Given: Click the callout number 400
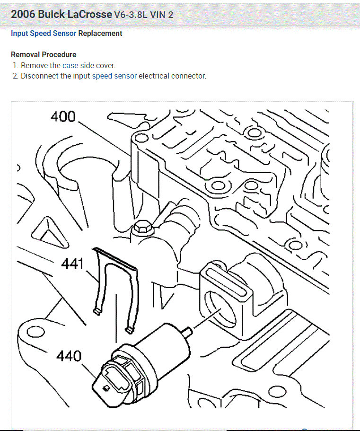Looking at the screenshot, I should tap(63, 116).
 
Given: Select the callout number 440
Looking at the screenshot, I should tap(69, 355).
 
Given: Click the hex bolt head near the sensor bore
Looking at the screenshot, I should tap(143, 227).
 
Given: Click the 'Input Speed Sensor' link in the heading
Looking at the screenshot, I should tap(44, 34).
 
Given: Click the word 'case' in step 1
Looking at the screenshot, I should tap(70, 66).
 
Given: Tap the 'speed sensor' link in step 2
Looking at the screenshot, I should tap(114, 76).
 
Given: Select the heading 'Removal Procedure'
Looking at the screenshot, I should tap(44, 54).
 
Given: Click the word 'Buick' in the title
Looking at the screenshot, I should tap(51, 14).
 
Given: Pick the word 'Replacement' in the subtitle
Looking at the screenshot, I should tap(100, 34).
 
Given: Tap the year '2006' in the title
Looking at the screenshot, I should tap(23, 14).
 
